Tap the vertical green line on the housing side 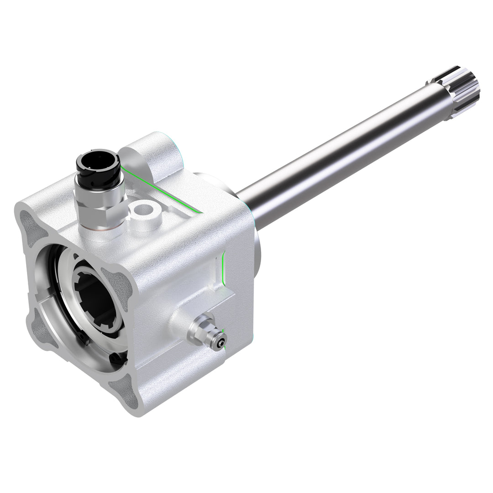pos(222,269)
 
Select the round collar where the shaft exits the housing pos(256,246)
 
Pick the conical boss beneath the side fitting pos(180,322)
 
